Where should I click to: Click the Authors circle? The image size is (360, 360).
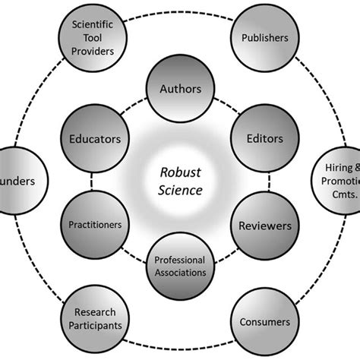[x=180, y=90]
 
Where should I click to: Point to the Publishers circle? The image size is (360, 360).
[x=264, y=36]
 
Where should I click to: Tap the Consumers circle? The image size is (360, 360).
[x=264, y=322]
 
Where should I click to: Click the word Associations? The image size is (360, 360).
[x=181, y=271]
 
